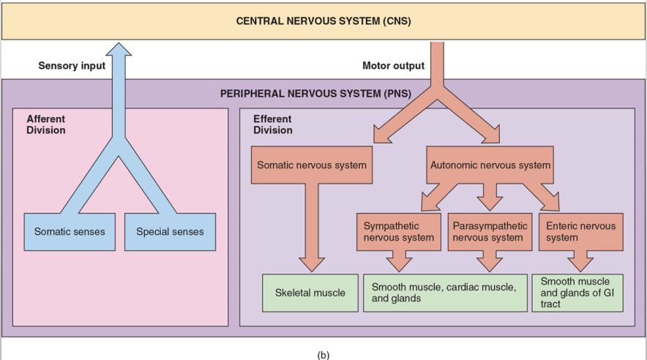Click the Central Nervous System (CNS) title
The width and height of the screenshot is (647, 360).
[323, 21]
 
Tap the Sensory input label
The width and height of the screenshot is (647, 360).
[72, 66]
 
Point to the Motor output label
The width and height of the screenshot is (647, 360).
[393, 66]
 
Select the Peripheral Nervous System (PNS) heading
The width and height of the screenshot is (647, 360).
[315, 94]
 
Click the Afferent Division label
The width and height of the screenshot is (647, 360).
[46, 124]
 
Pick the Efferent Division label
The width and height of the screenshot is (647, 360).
[273, 124]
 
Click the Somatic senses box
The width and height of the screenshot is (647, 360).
[70, 232]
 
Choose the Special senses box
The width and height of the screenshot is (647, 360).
[170, 232]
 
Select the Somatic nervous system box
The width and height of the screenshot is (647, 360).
[312, 165]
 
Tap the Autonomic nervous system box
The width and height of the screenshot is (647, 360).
[490, 165]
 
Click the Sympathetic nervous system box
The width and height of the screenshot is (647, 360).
[398, 231]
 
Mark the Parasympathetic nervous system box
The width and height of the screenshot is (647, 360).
[488, 231]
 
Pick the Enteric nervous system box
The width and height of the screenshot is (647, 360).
[580, 231]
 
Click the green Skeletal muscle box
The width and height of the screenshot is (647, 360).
[310, 293]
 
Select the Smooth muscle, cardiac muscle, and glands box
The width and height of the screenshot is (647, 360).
[445, 293]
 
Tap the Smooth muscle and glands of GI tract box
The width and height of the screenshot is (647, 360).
[577, 292]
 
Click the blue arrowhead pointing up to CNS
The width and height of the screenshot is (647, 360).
[119, 50]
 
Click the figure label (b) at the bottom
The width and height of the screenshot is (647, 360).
[323, 355]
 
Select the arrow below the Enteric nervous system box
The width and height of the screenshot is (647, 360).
[581, 260]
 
